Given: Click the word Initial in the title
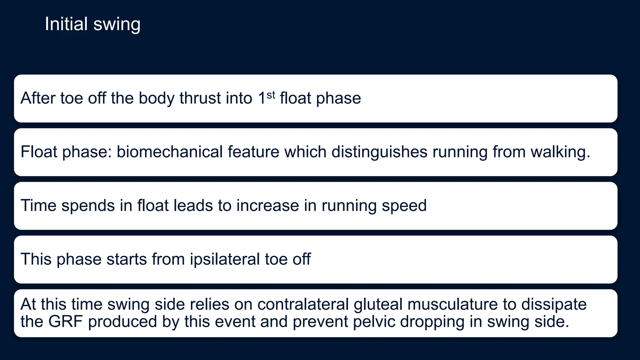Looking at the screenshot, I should pyautogui.click(x=66, y=24).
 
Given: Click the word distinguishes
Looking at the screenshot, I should pyautogui.click(x=379, y=152).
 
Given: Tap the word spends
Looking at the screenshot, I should pyautogui.click(x=88, y=206).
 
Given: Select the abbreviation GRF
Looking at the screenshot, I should pyautogui.click(x=65, y=322).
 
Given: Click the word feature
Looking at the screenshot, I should pyautogui.click(x=253, y=152).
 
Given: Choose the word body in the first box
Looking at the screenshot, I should pyautogui.click(x=157, y=98).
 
